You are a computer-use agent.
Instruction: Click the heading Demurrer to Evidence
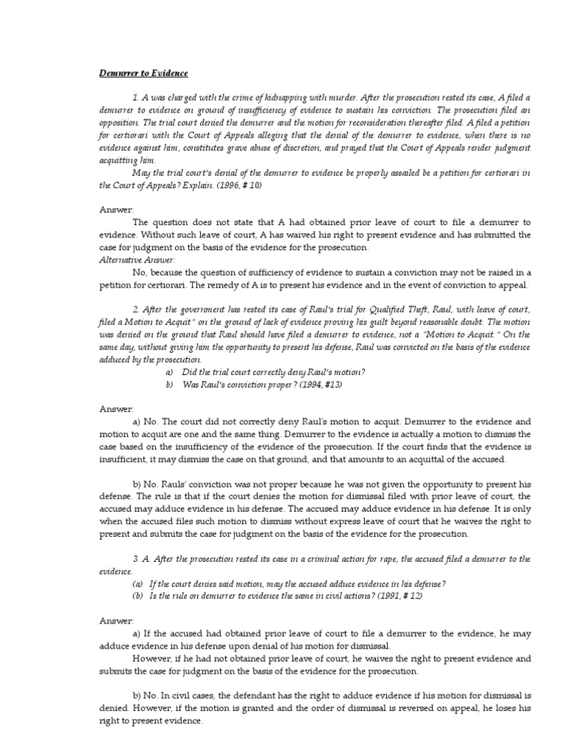tap(143, 74)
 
